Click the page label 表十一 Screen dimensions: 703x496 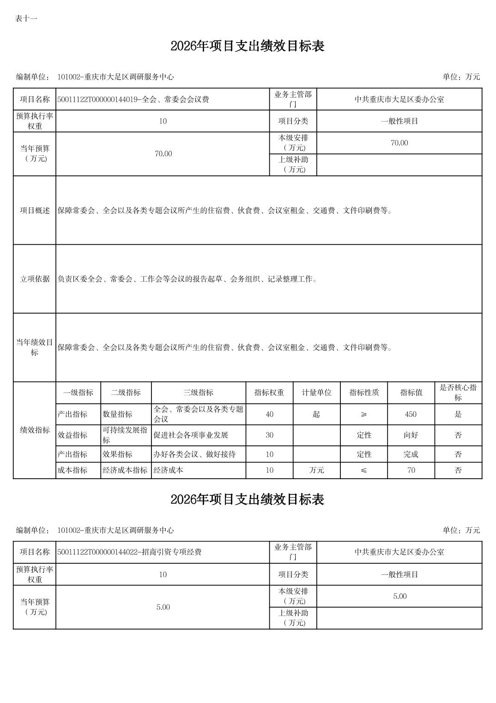(x=26, y=18)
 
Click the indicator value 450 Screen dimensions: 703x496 (x=411, y=414)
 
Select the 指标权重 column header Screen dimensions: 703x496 (x=269, y=393)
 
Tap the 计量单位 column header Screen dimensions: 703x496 (x=316, y=393)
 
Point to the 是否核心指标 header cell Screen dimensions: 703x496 (x=458, y=393)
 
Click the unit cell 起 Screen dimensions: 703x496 (x=316, y=414)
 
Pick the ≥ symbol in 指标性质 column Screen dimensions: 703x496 (x=364, y=414)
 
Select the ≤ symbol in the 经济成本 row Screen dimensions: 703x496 (x=364, y=470)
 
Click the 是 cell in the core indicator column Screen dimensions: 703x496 (x=458, y=414)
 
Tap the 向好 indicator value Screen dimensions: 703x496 (x=411, y=435)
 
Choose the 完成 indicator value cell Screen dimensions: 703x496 (x=411, y=454)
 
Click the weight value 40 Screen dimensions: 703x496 (x=269, y=414)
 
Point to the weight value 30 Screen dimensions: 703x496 (x=269, y=435)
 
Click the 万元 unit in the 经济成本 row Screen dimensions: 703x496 (x=316, y=470)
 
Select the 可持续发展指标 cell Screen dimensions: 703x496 (x=125, y=435)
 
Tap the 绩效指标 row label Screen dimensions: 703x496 (x=35, y=430)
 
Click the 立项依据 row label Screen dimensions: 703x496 (x=35, y=279)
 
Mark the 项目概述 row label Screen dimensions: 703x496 (x=35, y=210)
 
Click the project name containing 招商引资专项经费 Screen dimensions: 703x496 (x=130, y=552)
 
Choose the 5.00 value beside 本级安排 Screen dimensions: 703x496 (x=399, y=596)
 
